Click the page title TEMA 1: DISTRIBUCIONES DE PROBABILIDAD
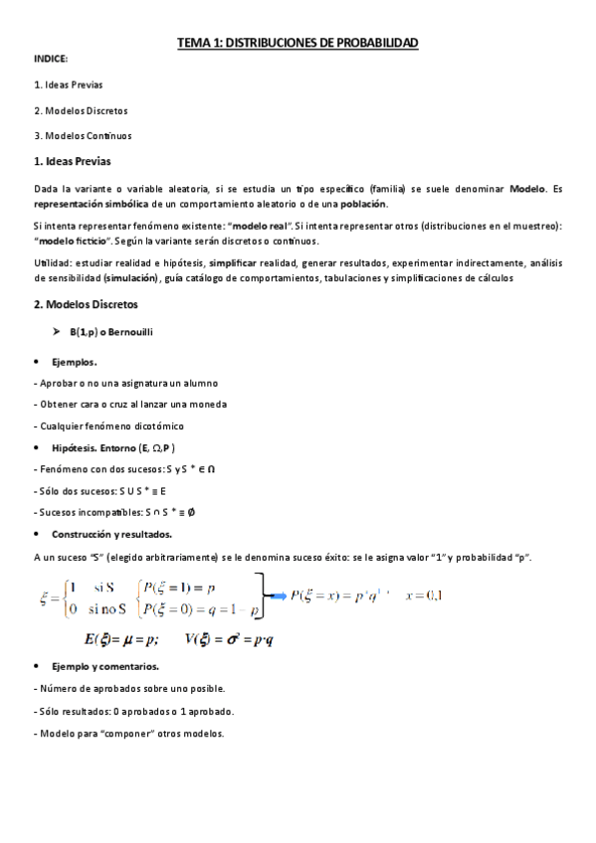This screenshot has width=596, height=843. [298, 43]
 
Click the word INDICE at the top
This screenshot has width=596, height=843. [51, 61]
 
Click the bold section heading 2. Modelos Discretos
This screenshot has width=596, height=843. [85, 303]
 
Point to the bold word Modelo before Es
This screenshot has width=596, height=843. [526, 187]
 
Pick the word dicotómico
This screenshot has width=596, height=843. [149, 426]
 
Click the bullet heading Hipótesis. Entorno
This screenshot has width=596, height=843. [113, 447]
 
